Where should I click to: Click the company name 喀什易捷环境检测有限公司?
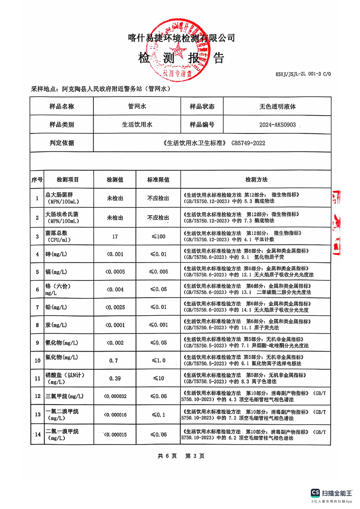[181, 38]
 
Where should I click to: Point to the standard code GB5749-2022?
[248, 143]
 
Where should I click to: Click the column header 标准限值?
[158, 180]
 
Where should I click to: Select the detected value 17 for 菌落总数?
[114, 236]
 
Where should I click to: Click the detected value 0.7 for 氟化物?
[114, 361]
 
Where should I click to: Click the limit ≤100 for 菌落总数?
[158, 236]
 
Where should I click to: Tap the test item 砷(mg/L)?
[56, 254]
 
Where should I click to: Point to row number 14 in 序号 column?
[37, 435]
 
